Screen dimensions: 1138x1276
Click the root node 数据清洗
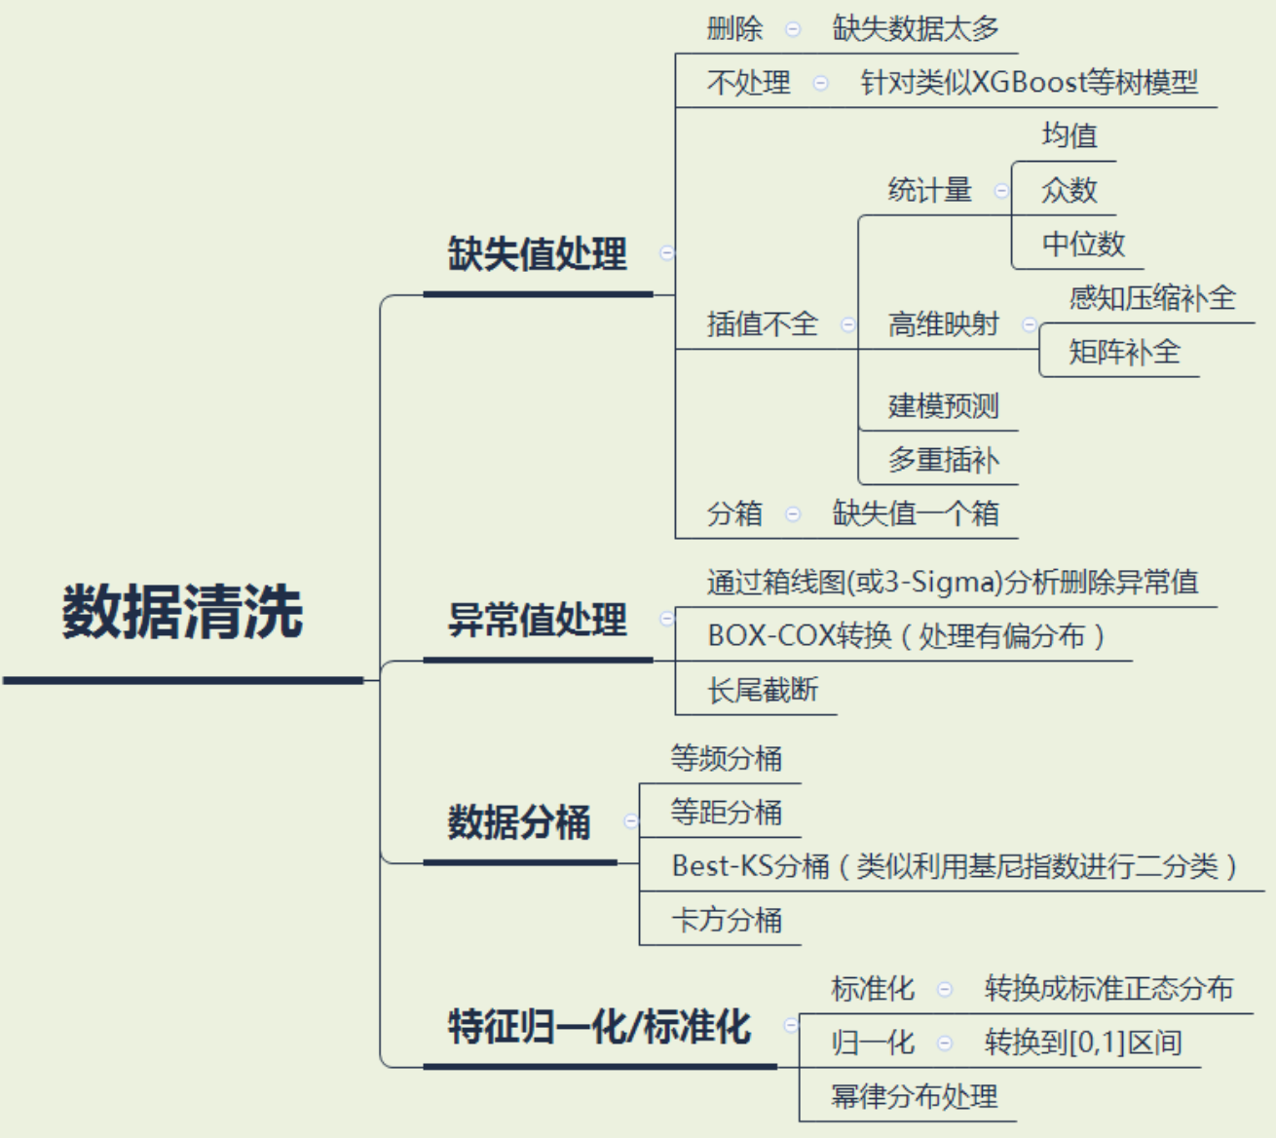(182, 613)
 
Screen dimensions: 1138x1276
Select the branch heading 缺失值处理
(537, 254)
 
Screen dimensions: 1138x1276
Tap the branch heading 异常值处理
(537, 620)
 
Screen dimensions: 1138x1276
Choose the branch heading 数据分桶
(519, 822)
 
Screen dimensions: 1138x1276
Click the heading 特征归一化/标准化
(599, 1026)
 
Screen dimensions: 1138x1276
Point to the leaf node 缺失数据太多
(916, 29)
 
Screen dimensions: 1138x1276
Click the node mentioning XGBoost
(1029, 83)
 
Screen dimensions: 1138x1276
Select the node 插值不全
(762, 323)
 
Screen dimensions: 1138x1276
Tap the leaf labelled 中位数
(1083, 244)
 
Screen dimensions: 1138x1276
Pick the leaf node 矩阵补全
(1124, 352)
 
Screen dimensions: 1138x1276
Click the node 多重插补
(943, 460)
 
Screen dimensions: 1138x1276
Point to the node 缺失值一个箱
(916, 513)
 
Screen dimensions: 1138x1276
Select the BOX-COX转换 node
(905, 636)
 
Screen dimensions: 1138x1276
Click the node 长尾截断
(762, 691)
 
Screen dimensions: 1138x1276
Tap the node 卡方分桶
(726, 920)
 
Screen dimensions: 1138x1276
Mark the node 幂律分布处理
(914, 1097)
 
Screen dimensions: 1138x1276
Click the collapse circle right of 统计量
(1000, 191)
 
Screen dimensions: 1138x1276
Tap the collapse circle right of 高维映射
(1029, 324)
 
